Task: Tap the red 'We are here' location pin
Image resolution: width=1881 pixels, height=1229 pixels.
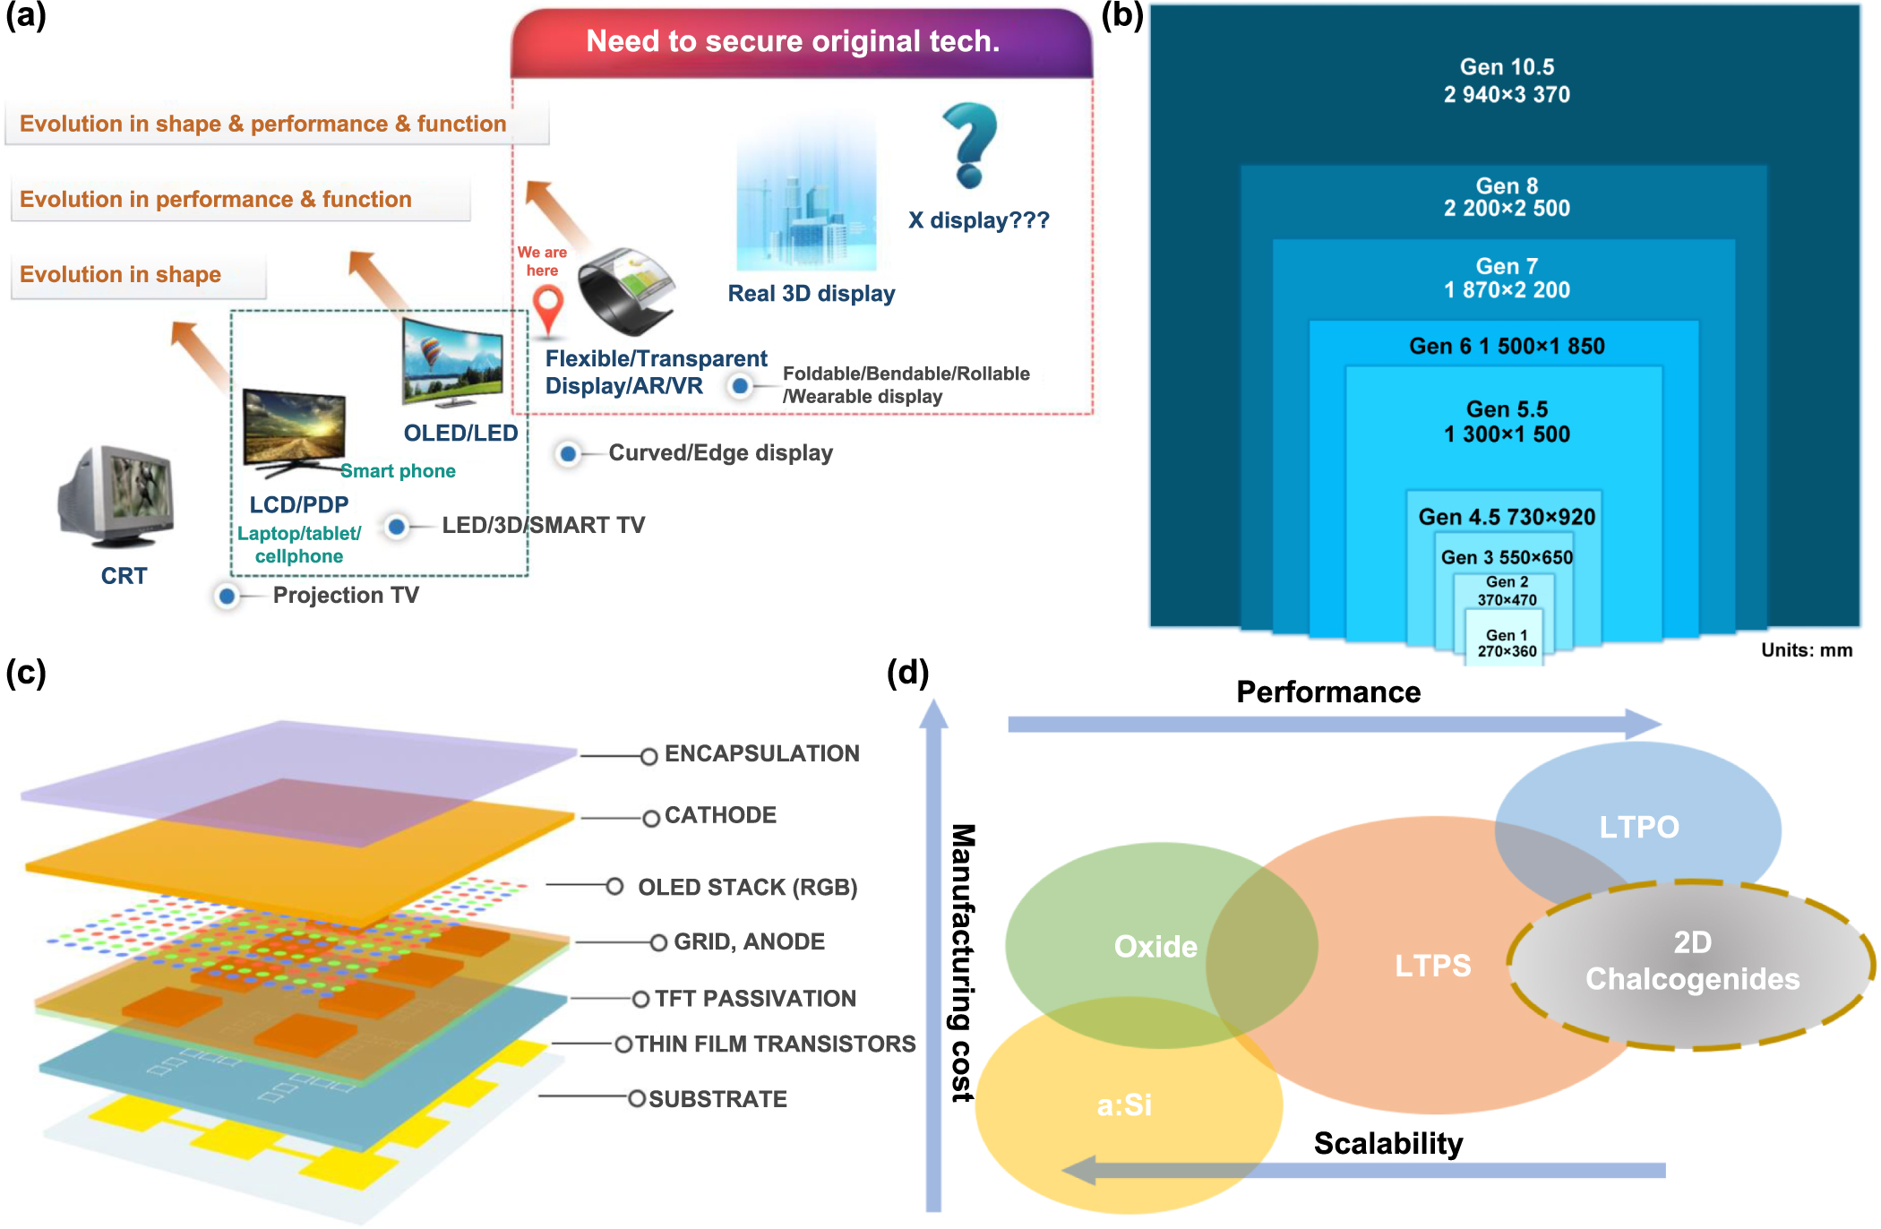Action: click(547, 307)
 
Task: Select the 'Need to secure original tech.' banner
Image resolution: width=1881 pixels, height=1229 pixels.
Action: click(793, 41)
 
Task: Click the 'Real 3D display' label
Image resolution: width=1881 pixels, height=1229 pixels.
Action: click(811, 294)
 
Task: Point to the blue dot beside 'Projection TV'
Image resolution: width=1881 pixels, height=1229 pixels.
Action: click(228, 596)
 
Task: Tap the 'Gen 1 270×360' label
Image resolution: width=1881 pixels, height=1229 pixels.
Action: click(1507, 643)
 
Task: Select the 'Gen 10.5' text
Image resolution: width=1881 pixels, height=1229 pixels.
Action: click(1507, 67)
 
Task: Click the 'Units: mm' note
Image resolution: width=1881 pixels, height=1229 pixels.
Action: click(1806, 650)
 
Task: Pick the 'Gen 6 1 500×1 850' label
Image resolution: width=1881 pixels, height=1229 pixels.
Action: click(1507, 347)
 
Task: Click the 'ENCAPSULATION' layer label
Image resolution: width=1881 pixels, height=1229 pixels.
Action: click(761, 754)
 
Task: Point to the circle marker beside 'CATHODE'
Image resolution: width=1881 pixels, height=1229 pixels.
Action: click(651, 818)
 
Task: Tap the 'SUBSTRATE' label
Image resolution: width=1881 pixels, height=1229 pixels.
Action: click(717, 1099)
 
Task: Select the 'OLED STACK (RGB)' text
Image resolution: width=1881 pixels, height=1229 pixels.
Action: click(747, 888)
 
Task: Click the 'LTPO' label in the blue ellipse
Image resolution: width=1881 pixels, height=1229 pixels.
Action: click(1638, 827)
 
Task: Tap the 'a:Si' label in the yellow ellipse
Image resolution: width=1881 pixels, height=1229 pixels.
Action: click(1124, 1105)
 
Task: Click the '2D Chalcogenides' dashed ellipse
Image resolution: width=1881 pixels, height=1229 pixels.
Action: click(1692, 962)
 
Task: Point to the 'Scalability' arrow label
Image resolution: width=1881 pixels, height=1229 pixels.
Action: click(1387, 1144)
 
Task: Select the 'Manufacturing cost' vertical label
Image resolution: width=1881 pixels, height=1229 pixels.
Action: click(962, 962)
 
